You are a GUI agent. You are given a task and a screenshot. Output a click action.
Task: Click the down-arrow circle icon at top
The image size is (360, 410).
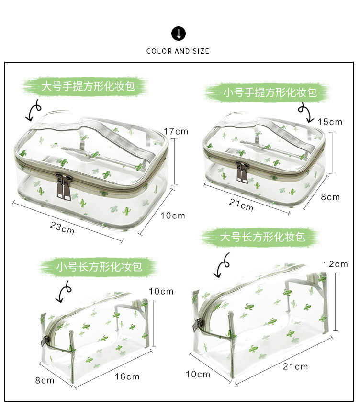[178, 34]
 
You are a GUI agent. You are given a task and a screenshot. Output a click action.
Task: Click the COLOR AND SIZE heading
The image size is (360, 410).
[178, 51]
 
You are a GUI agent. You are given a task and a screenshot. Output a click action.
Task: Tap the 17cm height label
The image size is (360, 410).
[176, 131]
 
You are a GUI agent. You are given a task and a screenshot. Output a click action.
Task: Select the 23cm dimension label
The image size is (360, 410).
[62, 227]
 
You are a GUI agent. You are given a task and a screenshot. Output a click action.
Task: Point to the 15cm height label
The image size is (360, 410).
[330, 122]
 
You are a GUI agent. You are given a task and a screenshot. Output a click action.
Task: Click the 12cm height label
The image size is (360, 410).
[336, 264]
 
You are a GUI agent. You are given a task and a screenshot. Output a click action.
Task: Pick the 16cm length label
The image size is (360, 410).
[127, 376]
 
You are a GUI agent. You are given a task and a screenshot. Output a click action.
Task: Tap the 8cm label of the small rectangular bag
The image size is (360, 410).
[45, 380]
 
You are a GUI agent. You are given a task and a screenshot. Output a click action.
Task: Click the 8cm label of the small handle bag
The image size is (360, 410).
[330, 197]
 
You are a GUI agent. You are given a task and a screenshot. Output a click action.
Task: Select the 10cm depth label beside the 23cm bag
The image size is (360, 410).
[173, 216]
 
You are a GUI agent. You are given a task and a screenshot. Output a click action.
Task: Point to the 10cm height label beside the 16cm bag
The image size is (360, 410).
[161, 291]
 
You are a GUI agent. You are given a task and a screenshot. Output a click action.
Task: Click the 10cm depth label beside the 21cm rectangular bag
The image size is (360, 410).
[198, 374]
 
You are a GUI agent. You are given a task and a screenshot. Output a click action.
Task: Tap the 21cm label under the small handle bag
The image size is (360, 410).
[241, 205]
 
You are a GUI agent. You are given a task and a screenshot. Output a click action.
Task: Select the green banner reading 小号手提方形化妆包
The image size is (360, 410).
[270, 92]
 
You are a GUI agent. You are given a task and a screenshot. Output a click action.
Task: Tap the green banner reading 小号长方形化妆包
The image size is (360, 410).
[99, 267]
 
